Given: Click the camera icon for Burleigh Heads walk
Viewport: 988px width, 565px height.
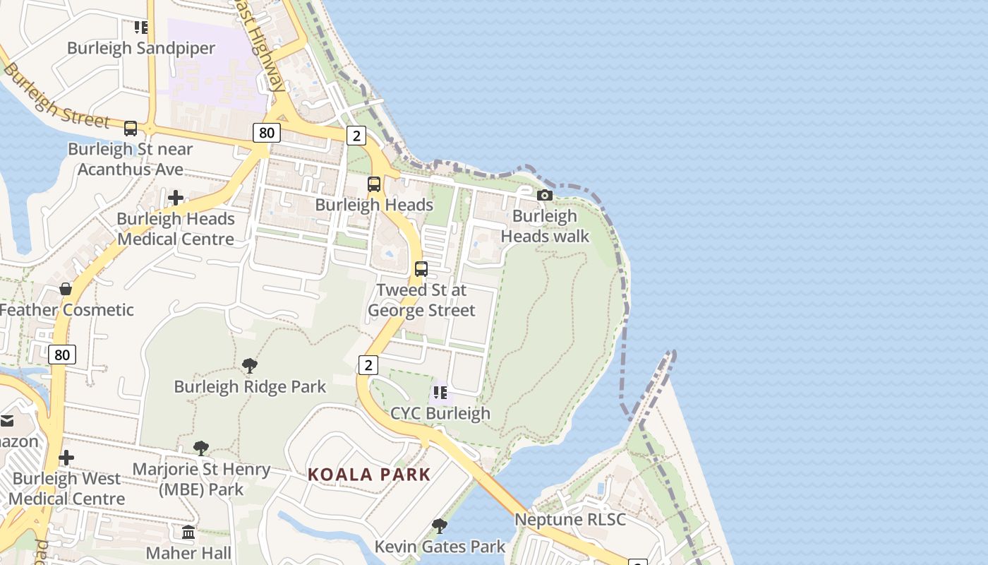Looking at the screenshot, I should click(544, 196).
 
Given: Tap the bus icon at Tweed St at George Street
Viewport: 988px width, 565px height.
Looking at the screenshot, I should click(421, 269).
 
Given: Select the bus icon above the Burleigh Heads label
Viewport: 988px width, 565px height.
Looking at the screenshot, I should click(374, 184).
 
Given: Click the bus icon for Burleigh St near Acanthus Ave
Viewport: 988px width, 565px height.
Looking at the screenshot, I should click(131, 129).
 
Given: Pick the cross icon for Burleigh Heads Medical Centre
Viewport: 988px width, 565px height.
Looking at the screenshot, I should click(176, 198).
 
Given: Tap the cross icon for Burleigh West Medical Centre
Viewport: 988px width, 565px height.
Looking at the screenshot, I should click(66, 458).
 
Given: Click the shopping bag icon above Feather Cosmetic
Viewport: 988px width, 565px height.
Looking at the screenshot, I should click(66, 289).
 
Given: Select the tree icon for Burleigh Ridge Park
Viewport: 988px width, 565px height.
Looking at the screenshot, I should click(249, 366).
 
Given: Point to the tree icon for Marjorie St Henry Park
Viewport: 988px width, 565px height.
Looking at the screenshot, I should click(201, 448).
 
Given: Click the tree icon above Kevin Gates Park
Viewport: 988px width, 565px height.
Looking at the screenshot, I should click(440, 525).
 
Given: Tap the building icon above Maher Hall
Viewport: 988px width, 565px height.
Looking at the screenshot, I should click(188, 532).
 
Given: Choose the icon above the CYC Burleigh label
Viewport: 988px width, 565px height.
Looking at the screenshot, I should click(440, 392).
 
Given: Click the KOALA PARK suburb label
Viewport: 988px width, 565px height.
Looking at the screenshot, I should click(369, 475).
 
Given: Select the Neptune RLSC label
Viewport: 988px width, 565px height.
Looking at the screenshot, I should click(570, 520).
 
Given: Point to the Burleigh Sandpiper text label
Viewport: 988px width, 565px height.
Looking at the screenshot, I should click(141, 48).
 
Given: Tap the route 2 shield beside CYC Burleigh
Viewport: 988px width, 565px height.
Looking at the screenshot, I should click(368, 365).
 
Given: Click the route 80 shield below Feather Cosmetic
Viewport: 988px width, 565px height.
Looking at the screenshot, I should click(62, 355).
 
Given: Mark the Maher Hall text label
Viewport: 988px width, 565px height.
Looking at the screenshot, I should click(188, 552).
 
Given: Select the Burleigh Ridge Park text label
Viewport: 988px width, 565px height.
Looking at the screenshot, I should click(250, 387).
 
